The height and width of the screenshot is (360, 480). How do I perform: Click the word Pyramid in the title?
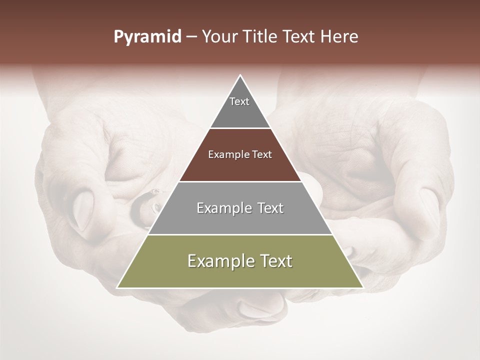[x=147, y=37]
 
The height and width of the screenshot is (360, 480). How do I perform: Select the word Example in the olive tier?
[x=220, y=261]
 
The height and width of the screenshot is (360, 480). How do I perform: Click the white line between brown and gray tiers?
[x=240, y=181]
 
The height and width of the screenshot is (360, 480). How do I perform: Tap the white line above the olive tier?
[x=240, y=234]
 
